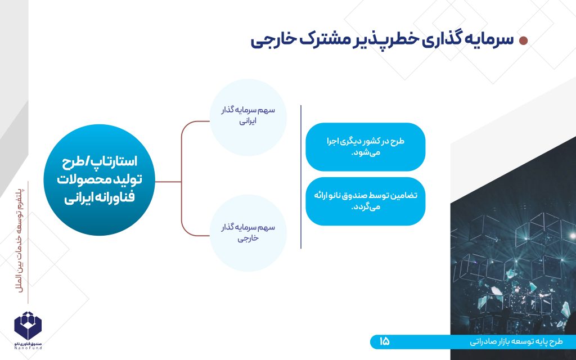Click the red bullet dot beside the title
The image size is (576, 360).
[523, 40]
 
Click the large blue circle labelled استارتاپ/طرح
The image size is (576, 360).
[99, 180]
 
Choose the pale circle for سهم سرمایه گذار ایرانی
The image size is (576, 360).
[248, 117]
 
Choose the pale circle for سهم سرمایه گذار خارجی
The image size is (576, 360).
[248, 233]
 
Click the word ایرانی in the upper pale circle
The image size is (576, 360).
[248, 121]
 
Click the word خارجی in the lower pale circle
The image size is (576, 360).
[248, 238]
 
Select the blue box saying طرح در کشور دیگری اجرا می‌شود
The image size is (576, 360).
[366, 147]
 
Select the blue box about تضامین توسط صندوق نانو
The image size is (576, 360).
[366, 201]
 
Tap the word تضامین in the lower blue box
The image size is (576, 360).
[406, 195]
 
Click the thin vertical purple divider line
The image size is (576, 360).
[301, 177]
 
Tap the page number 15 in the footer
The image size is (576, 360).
[384, 341]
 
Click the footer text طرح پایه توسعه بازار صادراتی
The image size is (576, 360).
[516, 342]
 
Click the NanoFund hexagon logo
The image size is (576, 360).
[28, 326]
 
